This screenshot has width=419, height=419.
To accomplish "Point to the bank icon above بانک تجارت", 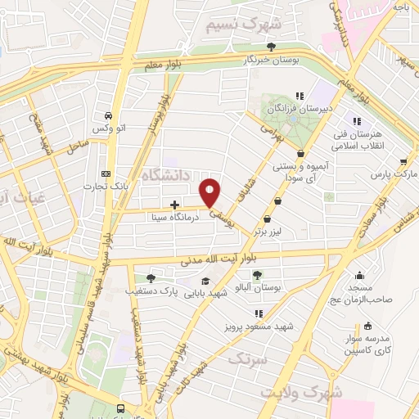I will [x=105, y=173].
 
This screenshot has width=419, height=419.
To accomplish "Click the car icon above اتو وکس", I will [x=107, y=115].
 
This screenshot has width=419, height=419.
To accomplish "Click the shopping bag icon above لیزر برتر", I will [x=268, y=219].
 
